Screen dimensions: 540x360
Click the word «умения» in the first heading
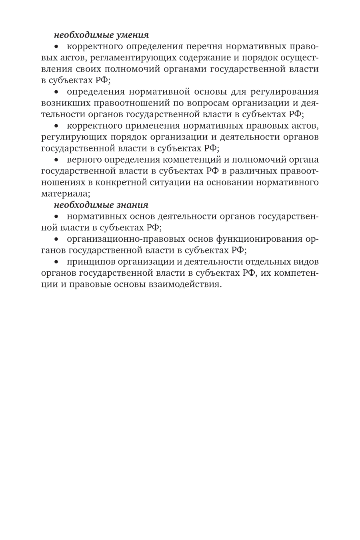132,35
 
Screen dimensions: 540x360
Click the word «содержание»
208,58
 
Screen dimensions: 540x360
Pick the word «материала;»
66,194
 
